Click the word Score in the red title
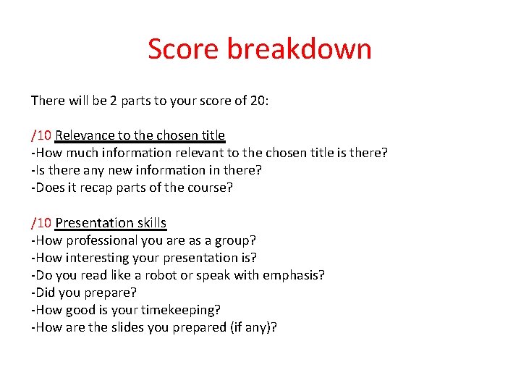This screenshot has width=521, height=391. (x=184, y=49)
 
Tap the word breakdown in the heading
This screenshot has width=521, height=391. (x=300, y=49)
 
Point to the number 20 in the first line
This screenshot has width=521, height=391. (x=258, y=101)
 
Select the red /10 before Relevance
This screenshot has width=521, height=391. (x=41, y=135)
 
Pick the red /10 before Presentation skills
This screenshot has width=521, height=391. (x=41, y=223)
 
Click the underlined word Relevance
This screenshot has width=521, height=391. (x=85, y=135)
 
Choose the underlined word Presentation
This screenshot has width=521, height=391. (x=95, y=223)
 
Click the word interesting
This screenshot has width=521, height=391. (x=97, y=258)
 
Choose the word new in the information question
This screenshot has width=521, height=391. (x=106, y=170)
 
